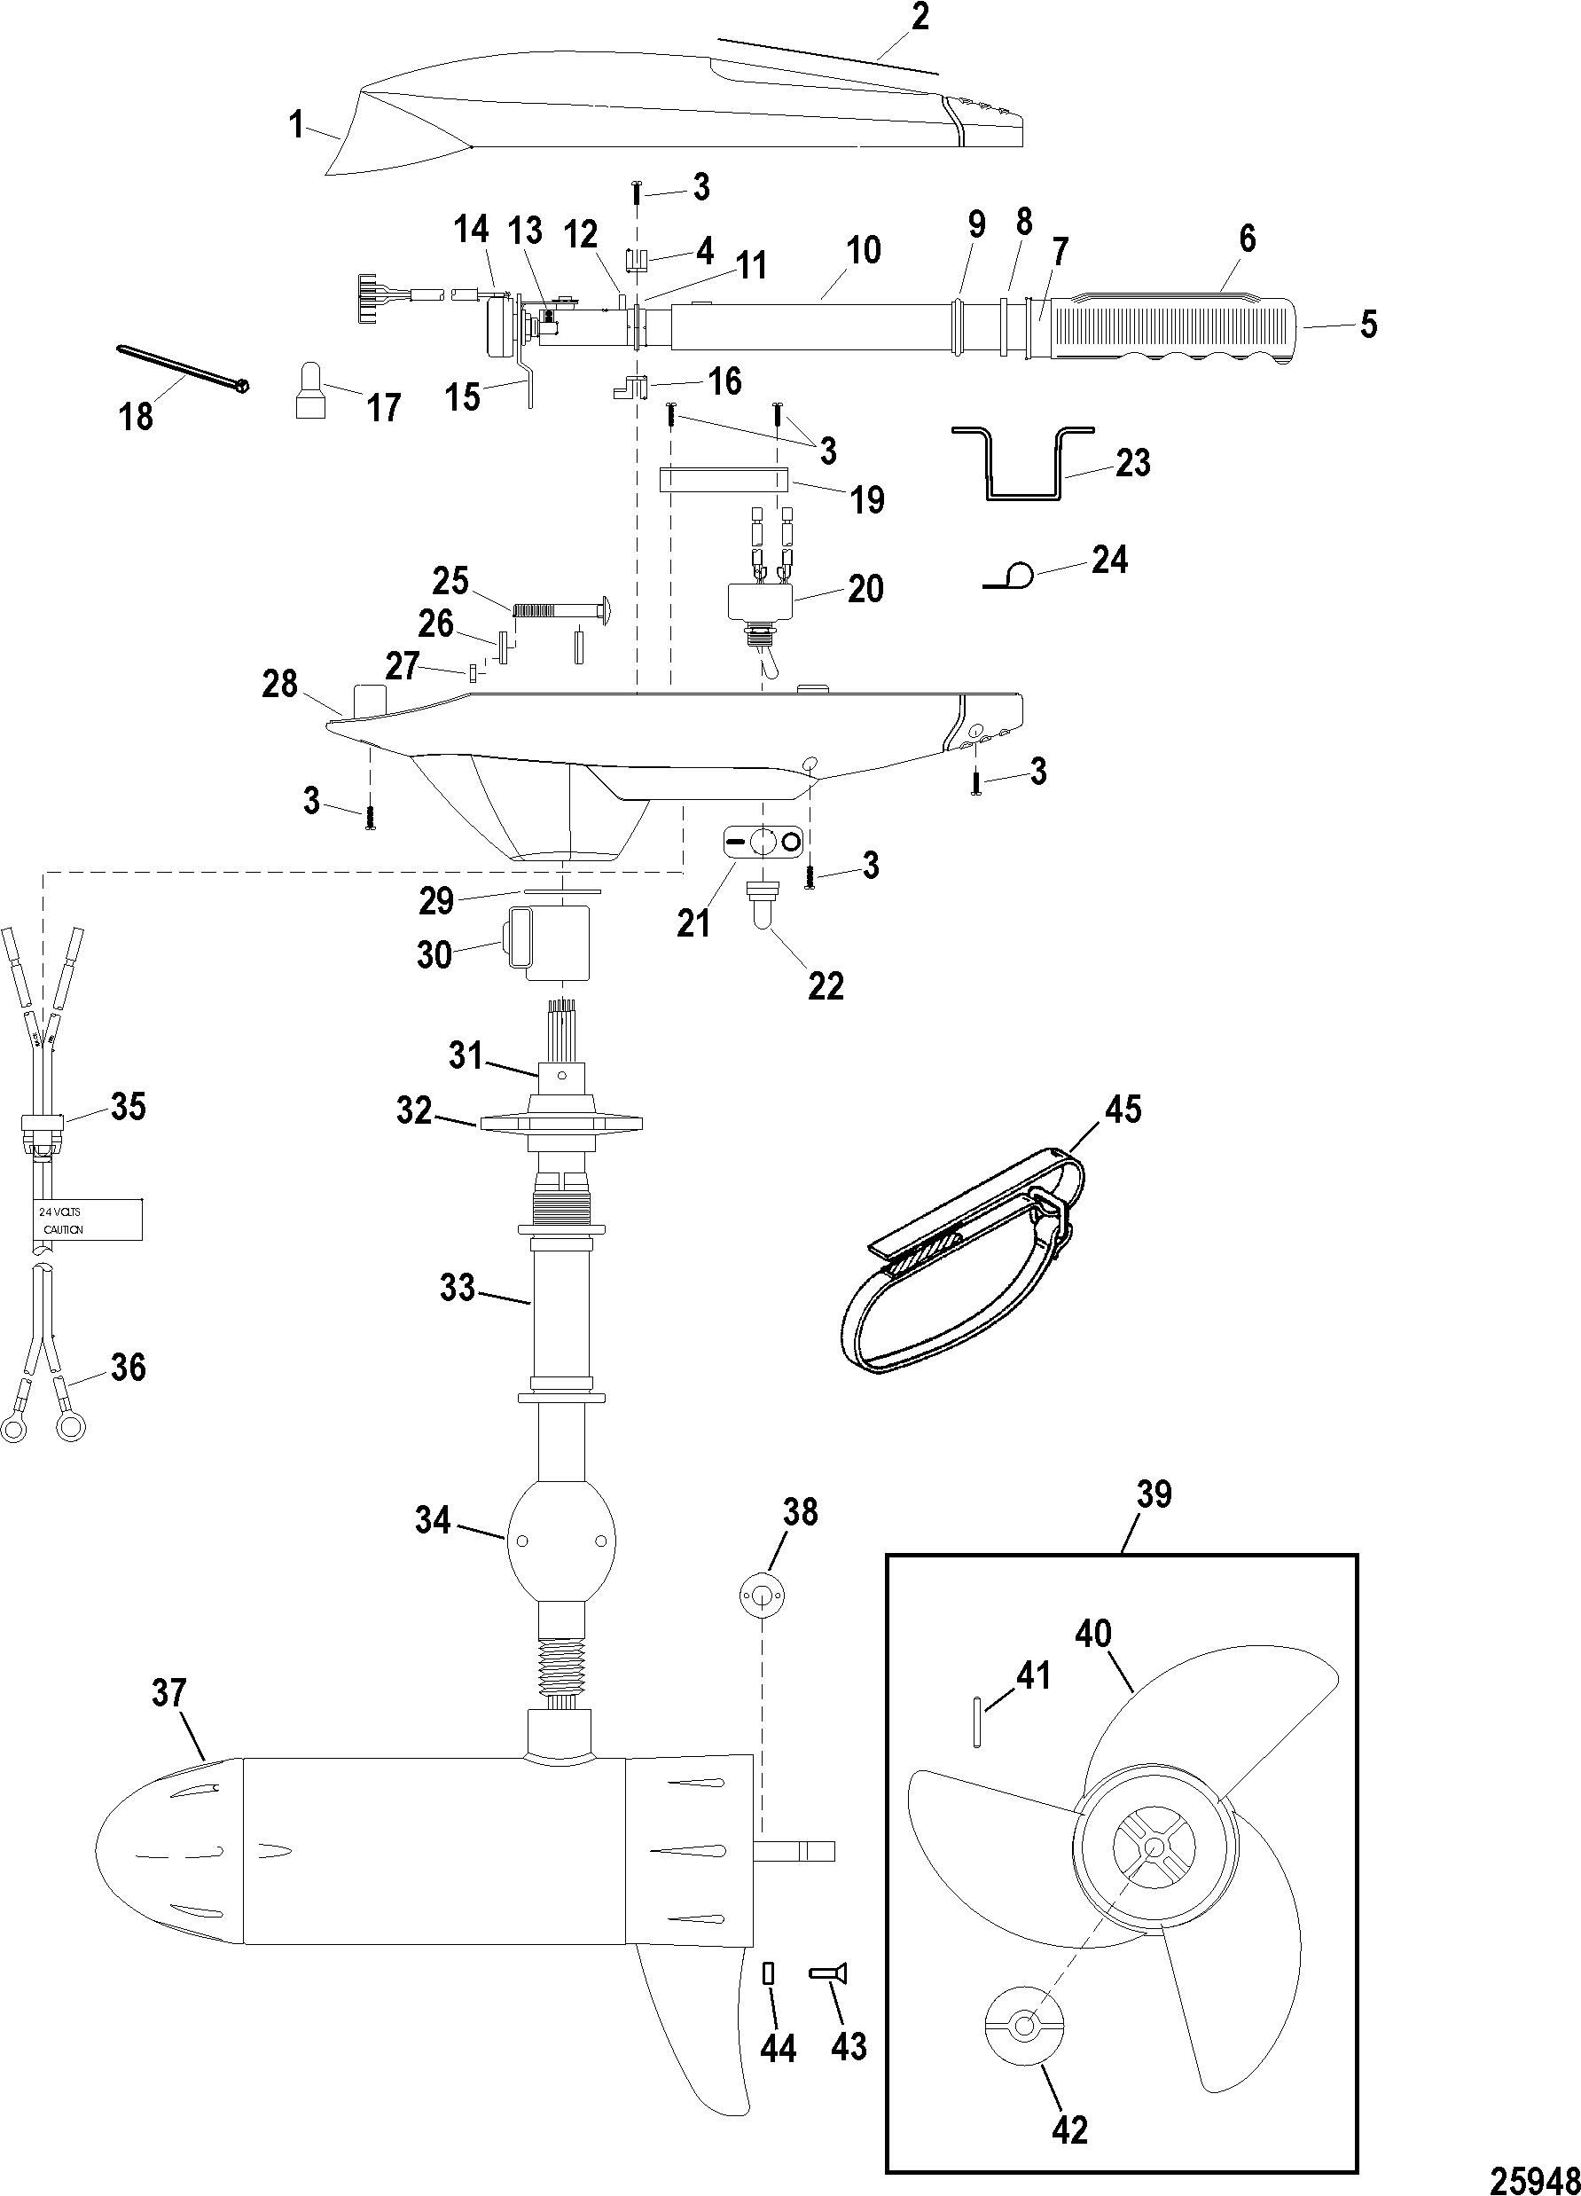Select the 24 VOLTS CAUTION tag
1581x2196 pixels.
(x=83, y=1221)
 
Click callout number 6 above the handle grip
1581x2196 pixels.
(x=1247, y=239)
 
